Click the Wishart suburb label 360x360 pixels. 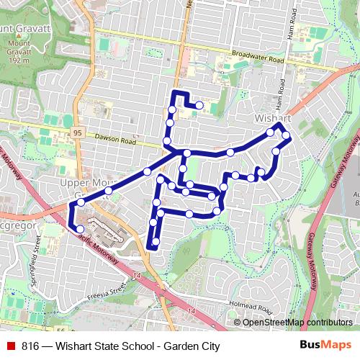tap(272, 117)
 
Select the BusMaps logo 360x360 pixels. tap(325, 346)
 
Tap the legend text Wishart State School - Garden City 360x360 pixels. tap(132, 346)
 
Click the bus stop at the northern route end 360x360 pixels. tap(199, 106)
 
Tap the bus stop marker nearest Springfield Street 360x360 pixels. tap(80, 229)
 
